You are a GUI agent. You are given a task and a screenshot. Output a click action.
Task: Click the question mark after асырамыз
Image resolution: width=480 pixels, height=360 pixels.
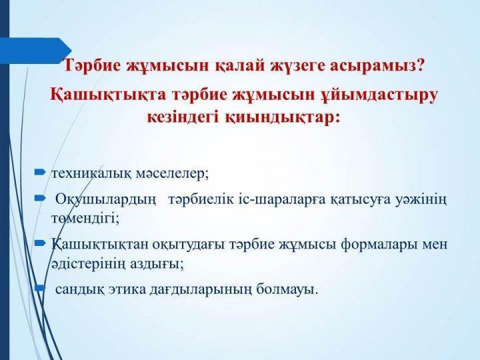click(x=420, y=65)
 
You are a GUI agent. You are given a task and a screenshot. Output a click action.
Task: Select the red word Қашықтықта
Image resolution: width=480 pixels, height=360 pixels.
click(x=108, y=95)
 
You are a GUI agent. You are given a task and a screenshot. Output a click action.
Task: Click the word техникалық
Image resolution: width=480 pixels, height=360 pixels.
click(x=91, y=174)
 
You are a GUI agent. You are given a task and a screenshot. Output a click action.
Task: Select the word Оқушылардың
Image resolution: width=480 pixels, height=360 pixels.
click(x=106, y=201)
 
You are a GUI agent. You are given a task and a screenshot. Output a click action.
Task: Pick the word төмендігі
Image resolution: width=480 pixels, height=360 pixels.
click(x=85, y=218)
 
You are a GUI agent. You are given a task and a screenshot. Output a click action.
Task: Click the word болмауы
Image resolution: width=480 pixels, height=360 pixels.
click(x=287, y=289)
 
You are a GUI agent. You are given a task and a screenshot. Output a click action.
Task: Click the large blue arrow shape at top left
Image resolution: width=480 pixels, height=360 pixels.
click(x=35, y=51)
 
